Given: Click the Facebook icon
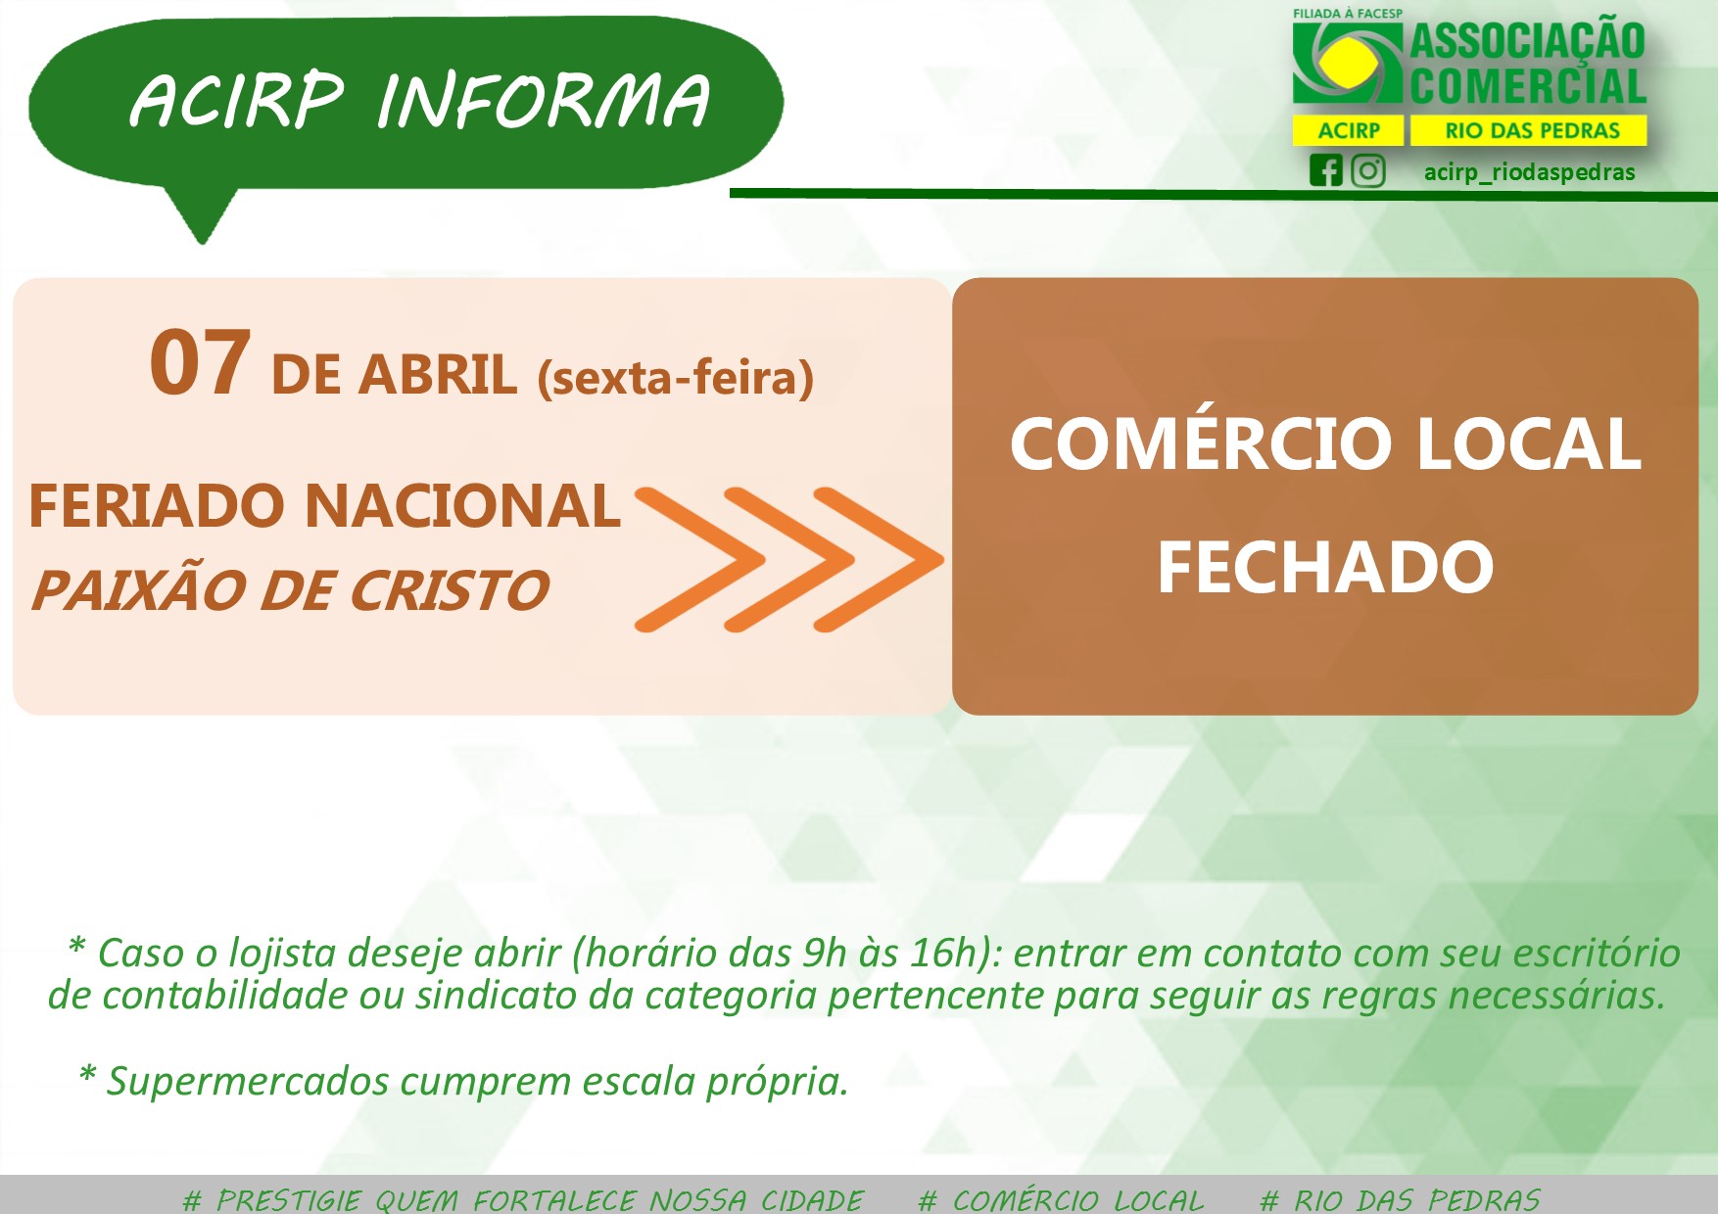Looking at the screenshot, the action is pos(1326,170).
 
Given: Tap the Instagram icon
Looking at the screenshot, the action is pos(1368,170).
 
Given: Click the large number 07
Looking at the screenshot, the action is pos(200,363).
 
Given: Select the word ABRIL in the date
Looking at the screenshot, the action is pos(438,375).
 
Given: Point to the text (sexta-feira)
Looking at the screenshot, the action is pos(676,378).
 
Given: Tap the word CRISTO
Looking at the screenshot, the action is pos(449,590).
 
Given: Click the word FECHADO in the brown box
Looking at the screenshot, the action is pos(1325,568).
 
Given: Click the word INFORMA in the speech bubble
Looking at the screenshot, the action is pos(544,100).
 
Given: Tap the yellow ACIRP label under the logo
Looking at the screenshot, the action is pos(1349,130).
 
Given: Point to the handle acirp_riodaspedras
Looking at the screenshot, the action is pos(1529,172).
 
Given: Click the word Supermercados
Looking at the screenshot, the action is pos(249,1082).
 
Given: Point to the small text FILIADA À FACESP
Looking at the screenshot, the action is pos(1348,14).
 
